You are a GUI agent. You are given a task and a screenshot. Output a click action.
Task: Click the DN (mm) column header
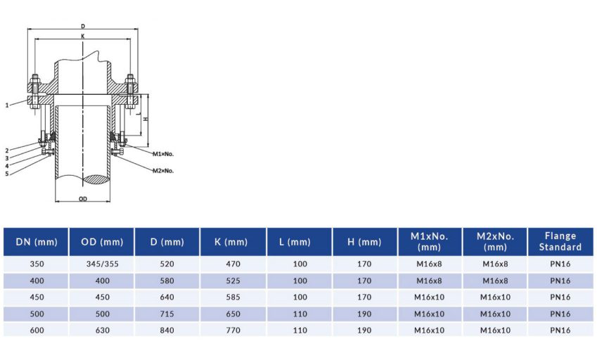click(x=36, y=242)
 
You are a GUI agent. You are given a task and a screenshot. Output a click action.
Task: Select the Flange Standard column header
click(x=560, y=242)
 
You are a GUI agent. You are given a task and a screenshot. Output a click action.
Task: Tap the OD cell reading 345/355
click(x=101, y=264)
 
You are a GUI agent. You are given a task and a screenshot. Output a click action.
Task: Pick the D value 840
click(x=167, y=330)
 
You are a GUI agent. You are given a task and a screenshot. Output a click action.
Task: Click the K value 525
click(x=233, y=281)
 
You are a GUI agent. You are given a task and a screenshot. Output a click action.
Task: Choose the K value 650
click(x=233, y=314)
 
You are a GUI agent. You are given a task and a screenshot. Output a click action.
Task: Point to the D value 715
click(x=167, y=314)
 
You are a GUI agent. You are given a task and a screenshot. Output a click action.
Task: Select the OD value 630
click(x=101, y=330)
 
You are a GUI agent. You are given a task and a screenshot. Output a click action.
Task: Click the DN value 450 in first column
click(x=36, y=297)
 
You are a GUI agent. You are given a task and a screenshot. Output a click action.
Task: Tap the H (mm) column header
click(x=364, y=242)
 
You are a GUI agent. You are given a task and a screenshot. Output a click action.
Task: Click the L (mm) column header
click(x=299, y=242)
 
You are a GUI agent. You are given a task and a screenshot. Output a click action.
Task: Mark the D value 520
click(x=167, y=264)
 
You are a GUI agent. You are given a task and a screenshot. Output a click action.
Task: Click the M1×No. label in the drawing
click(x=162, y=153)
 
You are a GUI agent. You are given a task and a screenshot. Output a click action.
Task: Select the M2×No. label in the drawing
click(x=162, y=170)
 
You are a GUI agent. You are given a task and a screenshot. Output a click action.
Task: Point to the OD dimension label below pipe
click(x=82, y=199)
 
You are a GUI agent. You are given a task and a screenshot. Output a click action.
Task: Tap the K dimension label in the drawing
click(x=83, y=35)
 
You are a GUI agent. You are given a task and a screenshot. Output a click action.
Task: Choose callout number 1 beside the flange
click(x=7, y=105)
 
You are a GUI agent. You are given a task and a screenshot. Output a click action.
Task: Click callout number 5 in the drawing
click(x=7, y=174)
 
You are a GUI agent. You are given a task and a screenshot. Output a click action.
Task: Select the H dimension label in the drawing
click(x=145, y=118)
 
